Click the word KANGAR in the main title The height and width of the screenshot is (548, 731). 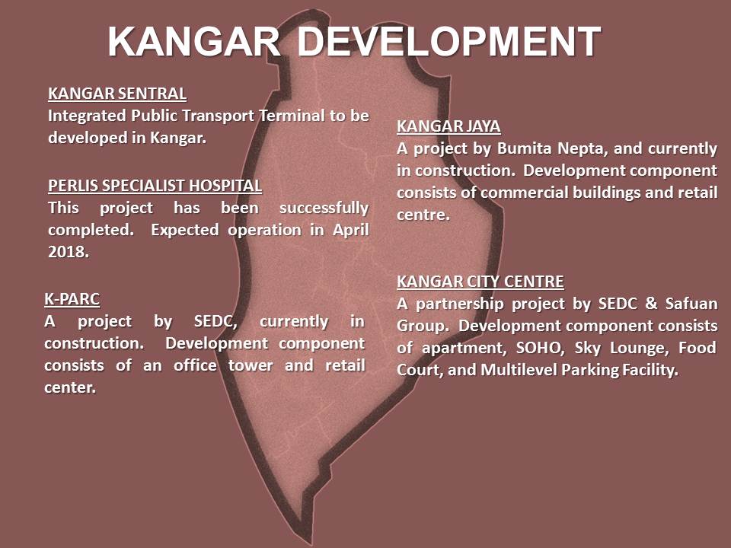pos(194,41)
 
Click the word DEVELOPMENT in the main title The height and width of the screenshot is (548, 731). pos(448,41)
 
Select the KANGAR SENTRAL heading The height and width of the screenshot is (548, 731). pos(117,94)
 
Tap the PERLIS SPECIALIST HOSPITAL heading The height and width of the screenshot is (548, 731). pos(155,186)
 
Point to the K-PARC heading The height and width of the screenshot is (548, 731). pos(72,298)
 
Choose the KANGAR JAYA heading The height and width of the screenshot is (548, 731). pos(448,126)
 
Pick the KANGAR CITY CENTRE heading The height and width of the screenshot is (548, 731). pos(480,282)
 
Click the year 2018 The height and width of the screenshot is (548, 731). pos(68,252)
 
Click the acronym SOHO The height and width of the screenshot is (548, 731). pos(539,348)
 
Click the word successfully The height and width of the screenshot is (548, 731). pos(324,208)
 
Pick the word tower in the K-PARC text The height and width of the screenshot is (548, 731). pos(251,365)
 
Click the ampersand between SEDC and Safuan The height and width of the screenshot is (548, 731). pos(651,304)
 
